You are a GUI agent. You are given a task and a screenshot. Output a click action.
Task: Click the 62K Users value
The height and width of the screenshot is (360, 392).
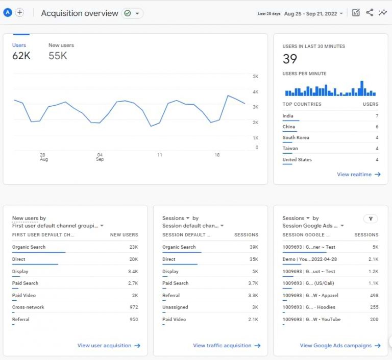click(x=21, y=56)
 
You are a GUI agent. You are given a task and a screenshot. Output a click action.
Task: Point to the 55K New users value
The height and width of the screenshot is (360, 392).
click(x=58, y=56)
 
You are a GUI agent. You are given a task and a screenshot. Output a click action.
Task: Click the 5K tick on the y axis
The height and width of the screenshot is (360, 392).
click(x=256, y=77)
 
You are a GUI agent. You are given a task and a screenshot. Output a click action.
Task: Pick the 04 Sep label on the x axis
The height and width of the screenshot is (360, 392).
click(x=100, y=157)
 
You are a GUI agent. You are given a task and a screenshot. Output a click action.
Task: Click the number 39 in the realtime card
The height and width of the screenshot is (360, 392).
click(x=290, y=59)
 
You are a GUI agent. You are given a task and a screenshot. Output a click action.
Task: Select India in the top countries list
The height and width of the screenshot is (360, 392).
click(x=288, y=116)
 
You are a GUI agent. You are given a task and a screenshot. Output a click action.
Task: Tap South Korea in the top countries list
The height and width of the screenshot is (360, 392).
click(x=296, y=138)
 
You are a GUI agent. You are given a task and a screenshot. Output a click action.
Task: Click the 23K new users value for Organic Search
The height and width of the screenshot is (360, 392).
click(x=133, y=247)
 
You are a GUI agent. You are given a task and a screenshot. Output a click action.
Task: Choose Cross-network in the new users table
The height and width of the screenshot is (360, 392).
click(x=28, y=307)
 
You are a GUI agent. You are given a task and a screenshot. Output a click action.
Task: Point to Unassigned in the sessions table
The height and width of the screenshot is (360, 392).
click(x=175, y=307)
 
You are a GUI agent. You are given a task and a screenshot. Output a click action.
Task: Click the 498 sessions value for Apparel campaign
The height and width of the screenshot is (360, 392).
click(x=374, y=295)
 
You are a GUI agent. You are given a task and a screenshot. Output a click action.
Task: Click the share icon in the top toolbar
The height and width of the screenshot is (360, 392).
click(x=370, y=13)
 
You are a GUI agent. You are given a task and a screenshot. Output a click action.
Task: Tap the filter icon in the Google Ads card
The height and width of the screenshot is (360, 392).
click(x=371, y=219)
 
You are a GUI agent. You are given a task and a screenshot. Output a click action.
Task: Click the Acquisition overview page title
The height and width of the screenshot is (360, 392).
click(x=80, y=13)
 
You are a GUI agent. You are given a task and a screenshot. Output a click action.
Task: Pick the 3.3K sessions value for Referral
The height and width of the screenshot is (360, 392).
click(x=253, y=295)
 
